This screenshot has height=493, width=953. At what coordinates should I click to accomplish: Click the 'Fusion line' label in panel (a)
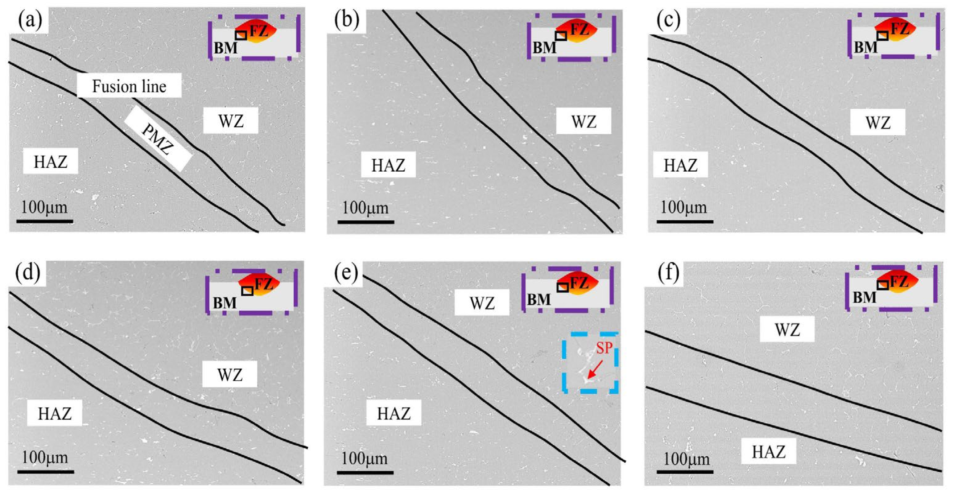tap(129, 86)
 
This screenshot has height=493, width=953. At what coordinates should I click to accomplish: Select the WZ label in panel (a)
tap(230, 121)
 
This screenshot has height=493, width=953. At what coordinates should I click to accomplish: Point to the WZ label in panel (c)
tap(877, 122)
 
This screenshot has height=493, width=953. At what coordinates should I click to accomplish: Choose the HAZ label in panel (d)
tap(54, 414)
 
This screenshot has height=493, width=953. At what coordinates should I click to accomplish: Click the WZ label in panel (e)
tap(482, 303)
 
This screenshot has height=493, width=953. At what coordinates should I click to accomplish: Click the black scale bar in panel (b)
tap(365, 222)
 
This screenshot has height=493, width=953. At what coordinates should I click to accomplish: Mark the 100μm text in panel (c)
tap(684, 207)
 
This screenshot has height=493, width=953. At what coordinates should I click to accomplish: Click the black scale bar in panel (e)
tap(365, 472)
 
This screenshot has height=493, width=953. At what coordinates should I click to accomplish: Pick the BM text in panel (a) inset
tap(226, 48)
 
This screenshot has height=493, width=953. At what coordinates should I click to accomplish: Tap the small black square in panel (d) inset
tap(247, 291)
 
